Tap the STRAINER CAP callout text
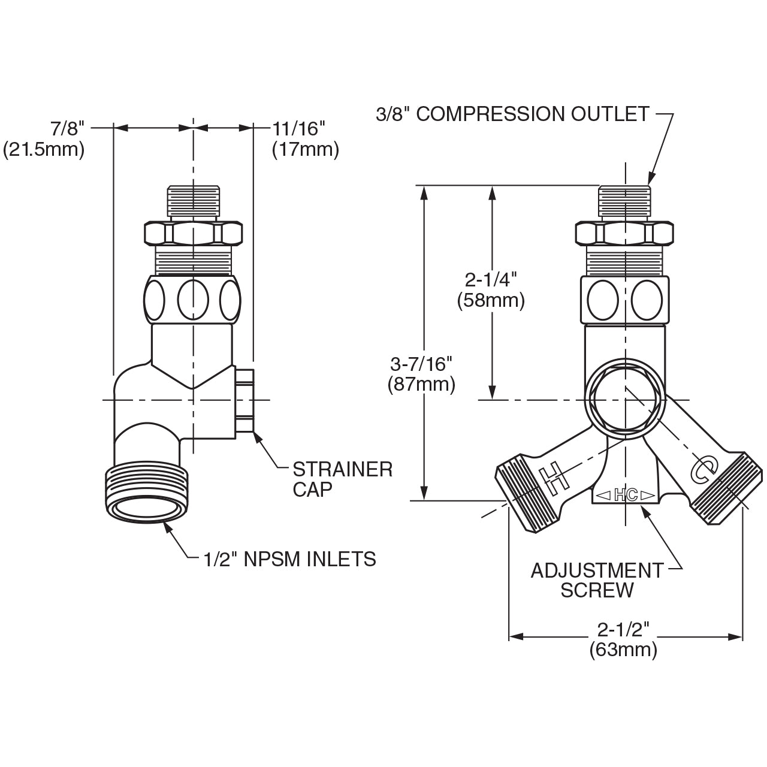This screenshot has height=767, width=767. pyautogui.click(x=342, y=479)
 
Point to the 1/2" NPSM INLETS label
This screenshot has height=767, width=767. pyautogui.click(x=289, y=559)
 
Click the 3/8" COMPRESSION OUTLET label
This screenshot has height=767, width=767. pyautogui.click(x=512, y=114)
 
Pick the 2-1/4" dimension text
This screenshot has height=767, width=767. pyautogui.click(x=491, y=279)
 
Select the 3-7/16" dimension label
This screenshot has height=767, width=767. pyautogui.click(x=421, y=363)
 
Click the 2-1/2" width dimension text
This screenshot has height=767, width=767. pyautogui.click(x=623, y=629)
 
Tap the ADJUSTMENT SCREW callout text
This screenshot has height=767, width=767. pyautogui.click(x=597, y=579)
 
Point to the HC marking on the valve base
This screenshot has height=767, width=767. pyautogui.click(x=626, y=495)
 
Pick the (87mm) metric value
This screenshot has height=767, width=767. pyautogui.click(x=421, y=383)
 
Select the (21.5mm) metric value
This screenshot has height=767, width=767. pyautogui.click(x=44, y=149)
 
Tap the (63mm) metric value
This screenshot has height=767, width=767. pyautogui.click(x=623, y=649)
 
